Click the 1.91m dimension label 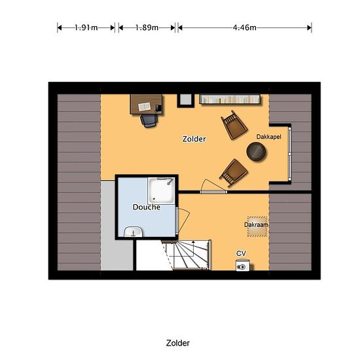[86, 27]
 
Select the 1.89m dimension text [147, 27]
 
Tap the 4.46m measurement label [245, 27]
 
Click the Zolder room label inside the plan [194, 139]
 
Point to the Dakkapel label [268, 137]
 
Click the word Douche [147, 207]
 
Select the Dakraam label [256, 225]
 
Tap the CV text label [241, 253]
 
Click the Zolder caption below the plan [178, 343]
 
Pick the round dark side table [256, 152]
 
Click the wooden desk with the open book [146, 105]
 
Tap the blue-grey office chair [149, 120]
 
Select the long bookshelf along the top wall [230, 99]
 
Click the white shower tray [161, 190]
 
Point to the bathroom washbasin [133, 232]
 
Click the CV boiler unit [243, 265]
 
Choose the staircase [186, 255]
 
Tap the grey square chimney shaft [185, 100]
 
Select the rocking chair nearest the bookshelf [234, 125]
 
